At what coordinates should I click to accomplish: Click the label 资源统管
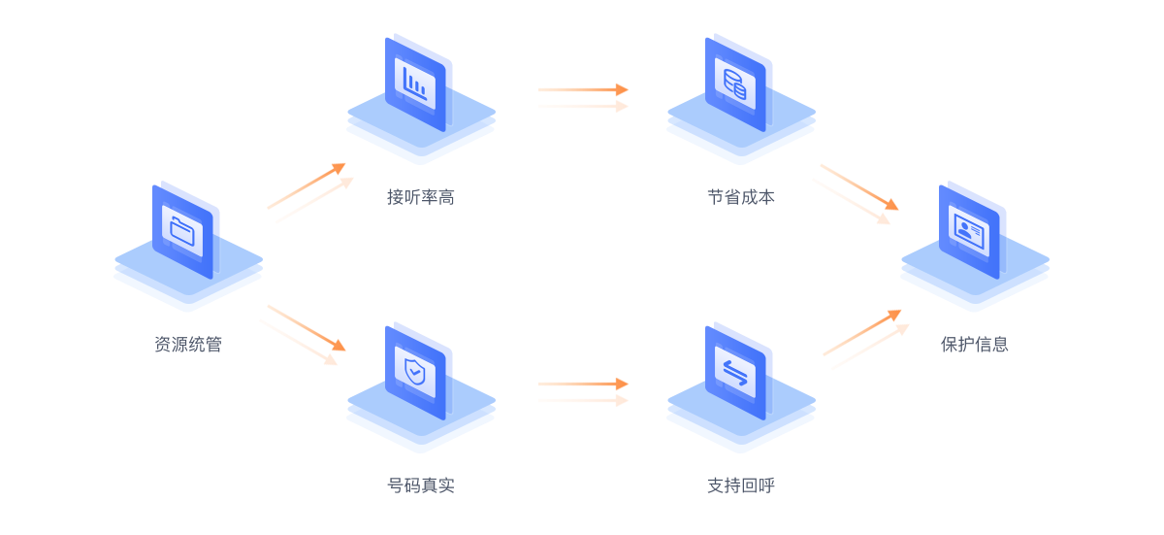(188, 344)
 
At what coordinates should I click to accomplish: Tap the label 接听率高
(421, 197)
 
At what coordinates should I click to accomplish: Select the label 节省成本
(741, 197)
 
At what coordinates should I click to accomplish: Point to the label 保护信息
(975, 344)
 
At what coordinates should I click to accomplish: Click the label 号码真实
(421, 485)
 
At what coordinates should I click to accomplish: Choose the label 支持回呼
(741, 485)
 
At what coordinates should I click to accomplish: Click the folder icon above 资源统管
(182, 231)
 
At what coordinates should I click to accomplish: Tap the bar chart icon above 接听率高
(416, 84)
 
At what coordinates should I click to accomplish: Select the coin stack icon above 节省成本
(735, 84)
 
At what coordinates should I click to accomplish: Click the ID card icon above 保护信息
(969, 231)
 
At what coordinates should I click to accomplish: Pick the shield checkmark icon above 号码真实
(416, 371)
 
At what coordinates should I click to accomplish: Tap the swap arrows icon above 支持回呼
(735, 371)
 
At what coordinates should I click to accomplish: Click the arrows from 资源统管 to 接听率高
(309, 193)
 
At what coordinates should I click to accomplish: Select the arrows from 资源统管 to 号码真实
(302, 335)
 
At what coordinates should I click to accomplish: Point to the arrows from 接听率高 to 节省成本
(583, 97)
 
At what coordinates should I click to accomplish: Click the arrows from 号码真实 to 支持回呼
(583, 391)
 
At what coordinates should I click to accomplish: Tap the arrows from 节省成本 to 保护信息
(855, 194)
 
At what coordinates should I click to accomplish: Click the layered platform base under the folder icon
(188, 282)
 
